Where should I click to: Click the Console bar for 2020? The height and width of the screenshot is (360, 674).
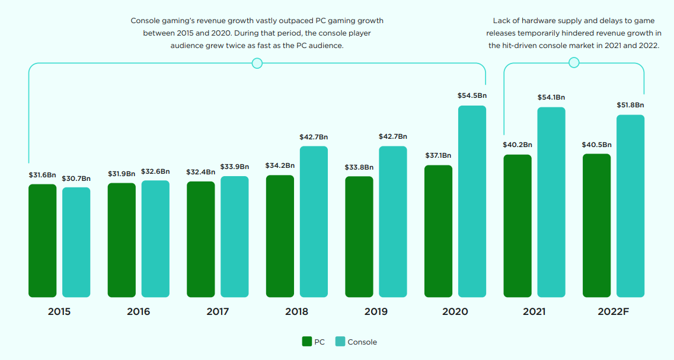(x=472, y=202)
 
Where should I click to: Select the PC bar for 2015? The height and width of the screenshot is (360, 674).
(x=42, y=240)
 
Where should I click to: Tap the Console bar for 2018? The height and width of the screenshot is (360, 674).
(x=314, y=221)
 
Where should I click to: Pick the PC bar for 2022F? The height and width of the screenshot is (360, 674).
(x=596, y=225)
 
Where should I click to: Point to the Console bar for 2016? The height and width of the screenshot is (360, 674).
(x=155, y=238)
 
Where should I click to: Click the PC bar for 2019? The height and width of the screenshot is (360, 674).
(x=359, y=237)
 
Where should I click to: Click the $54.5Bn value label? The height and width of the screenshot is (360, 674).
(x=472, y=95)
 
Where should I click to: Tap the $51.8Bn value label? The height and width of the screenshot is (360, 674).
(x=630, y=105)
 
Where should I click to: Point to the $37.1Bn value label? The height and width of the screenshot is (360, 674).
(x=439, y=155)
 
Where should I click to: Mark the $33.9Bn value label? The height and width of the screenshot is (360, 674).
(x=235, y=167)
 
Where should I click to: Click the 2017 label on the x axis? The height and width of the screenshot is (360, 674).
(x=218, y=312)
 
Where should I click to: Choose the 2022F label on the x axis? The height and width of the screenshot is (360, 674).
(x=614, y=312)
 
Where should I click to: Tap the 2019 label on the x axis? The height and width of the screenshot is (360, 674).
(x=376, y=312)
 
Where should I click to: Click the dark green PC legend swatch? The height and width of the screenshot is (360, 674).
(x=307, y=341)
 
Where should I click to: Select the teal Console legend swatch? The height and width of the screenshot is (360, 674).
(x=340, y=341)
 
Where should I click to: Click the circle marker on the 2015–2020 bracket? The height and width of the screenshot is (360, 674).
(x=257, y=63)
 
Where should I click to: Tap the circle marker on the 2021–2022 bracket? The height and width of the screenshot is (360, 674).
(x=573, y=62)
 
